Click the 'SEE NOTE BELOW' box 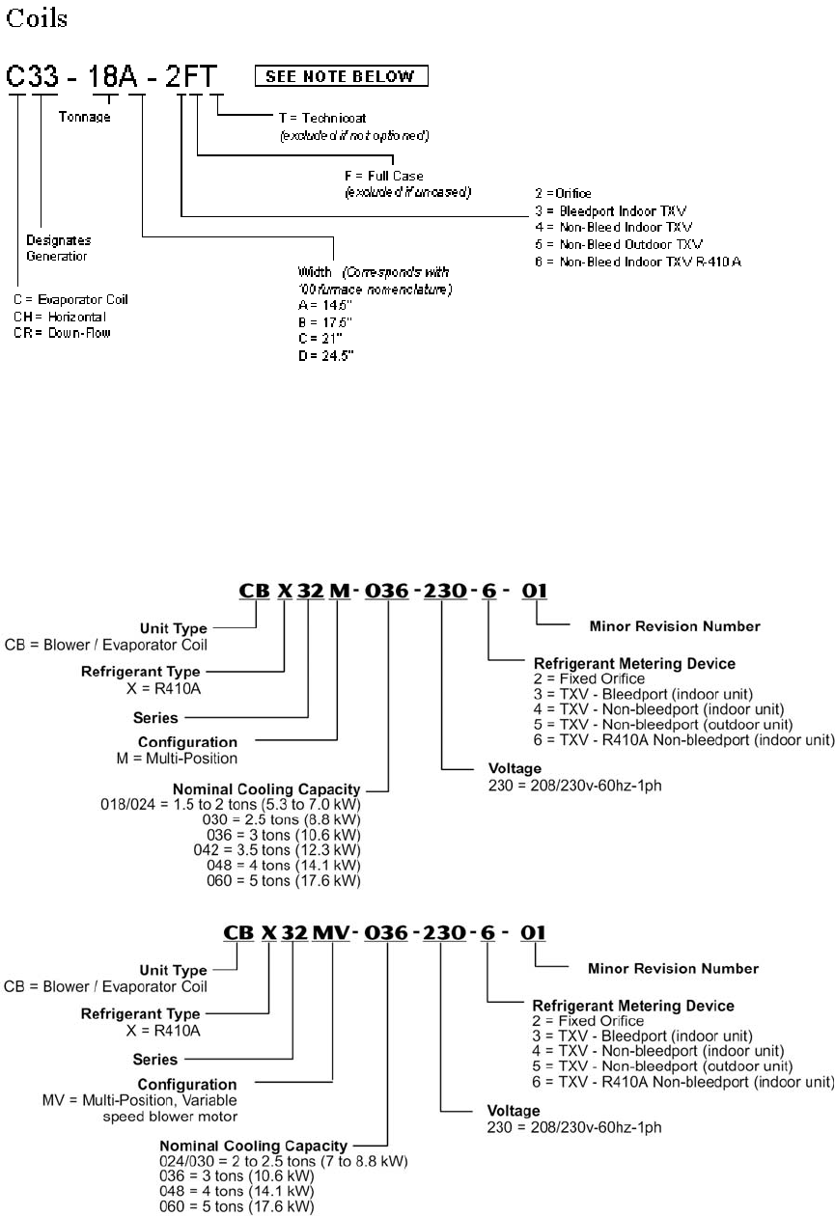pyautogui.click(x=341, y=76)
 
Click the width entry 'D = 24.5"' pyautogui.click(x=326, y=356)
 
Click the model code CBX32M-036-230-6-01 pyautogui.click(x=393, y=589)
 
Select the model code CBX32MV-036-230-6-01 pyautogui.click(x=385, y=932)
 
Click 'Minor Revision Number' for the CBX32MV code pyautogui.click(x=673, y=968)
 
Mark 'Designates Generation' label pyautogui.click(x=58, y=248)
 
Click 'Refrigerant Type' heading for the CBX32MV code pyautogui.click(x=141, y=1014)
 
